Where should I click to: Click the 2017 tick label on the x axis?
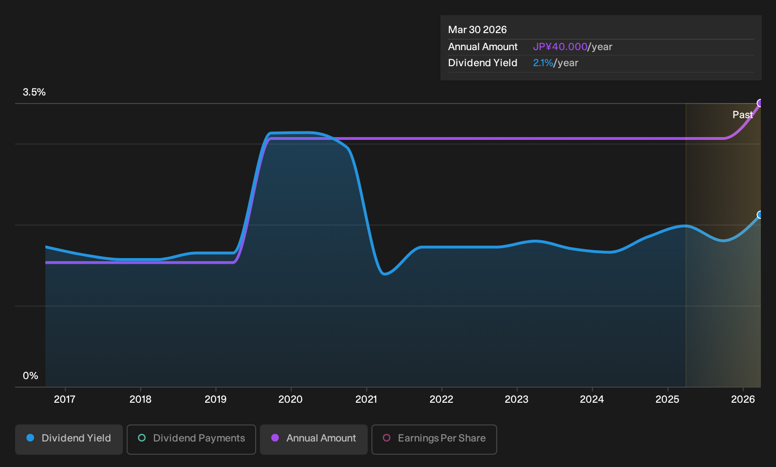(x=65, y=399)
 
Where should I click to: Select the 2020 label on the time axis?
(x=290, y=399)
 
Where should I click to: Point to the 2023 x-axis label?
(x=517, y=399)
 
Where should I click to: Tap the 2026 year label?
(x=743, y=399)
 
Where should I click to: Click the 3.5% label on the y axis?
(x=34, y=92)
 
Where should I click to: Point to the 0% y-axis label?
(x=31, y=376)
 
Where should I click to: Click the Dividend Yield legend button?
(x=69, y=439)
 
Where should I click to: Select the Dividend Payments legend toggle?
(x=191, y=439)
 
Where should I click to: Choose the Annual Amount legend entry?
(x=313, y=439)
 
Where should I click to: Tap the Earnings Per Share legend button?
(x=434, y=439)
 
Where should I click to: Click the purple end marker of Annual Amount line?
(x=760, y=103)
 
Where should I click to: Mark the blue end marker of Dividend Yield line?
(x=760, y=215)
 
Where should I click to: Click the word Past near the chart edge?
(x=742, y=115)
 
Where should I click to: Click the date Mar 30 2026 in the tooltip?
(x=477, y=30)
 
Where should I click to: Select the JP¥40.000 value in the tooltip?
(x=560, y=47)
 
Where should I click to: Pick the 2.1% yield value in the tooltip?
(x=543, y=63)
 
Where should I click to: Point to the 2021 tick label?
(x=366, y=399)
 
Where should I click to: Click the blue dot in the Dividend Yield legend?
(x=31, y=438)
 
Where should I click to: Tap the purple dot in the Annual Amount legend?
(x=275, y=438)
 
